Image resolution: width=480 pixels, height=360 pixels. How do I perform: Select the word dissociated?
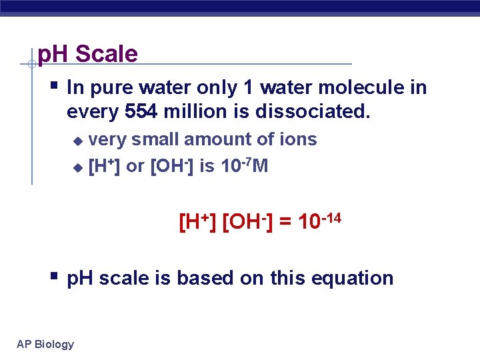point(313,112)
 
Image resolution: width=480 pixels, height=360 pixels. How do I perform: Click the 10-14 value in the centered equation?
point(320,221)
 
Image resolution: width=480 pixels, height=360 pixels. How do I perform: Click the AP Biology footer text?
point(45,344)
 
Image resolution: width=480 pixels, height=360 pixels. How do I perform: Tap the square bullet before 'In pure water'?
point(54,85)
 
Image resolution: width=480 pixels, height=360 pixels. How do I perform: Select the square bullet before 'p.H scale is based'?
point(54,275)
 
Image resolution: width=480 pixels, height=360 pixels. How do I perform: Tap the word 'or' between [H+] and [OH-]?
point(135,167)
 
